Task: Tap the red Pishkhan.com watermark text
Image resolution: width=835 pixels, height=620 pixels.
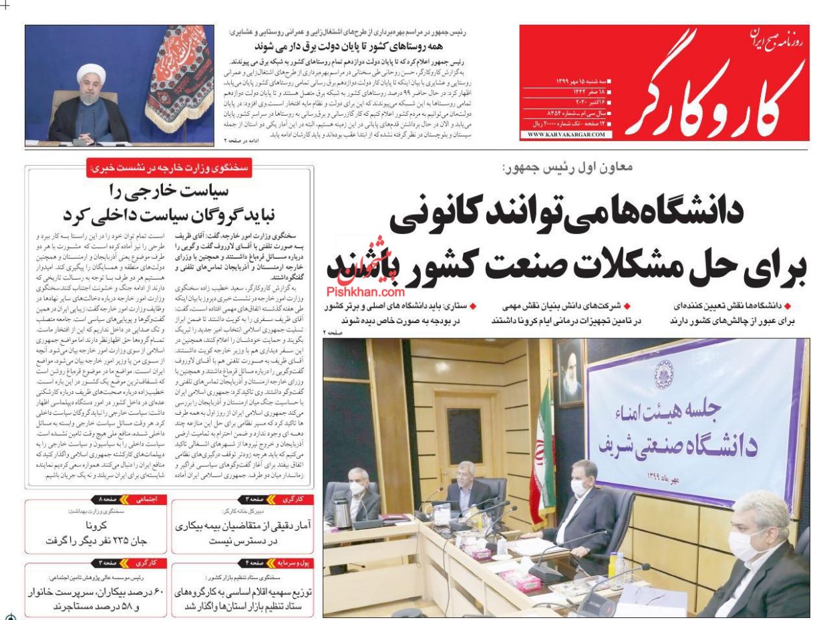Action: [375, 292]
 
